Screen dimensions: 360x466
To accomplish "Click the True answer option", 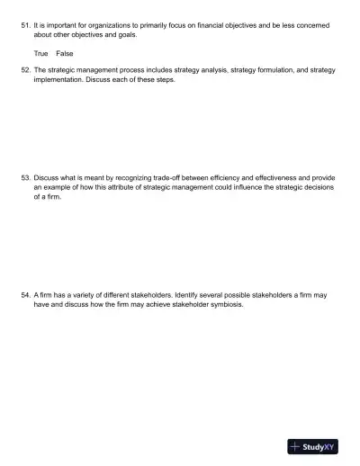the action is point(40,53).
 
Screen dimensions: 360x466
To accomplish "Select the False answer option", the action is point(65,53).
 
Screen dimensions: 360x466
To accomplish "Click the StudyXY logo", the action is point(312,446).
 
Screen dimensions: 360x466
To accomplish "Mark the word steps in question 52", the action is point(163,79).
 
